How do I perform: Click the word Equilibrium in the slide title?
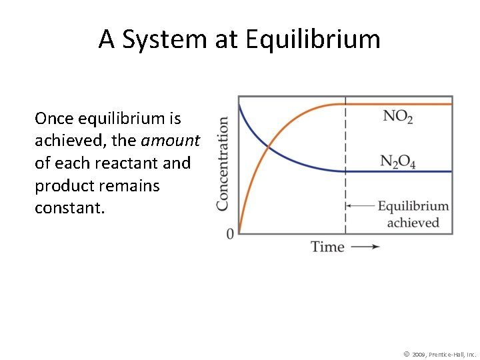click(313, 41)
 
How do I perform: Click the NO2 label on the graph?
click(398, 117)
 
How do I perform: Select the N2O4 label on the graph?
click(398, 162)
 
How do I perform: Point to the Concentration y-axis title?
click(223, 164)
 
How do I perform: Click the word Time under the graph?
click(327, 247)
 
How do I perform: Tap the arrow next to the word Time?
click(365, 247)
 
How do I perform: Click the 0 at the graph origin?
click(230, 234)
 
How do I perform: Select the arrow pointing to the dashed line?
click(360, 206)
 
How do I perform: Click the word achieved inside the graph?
click(413, 222)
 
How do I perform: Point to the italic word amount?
click(170, 141)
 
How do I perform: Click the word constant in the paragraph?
click(70, 207)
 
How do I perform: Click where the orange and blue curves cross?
click(268, 147)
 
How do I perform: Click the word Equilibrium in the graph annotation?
click(413, 206)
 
